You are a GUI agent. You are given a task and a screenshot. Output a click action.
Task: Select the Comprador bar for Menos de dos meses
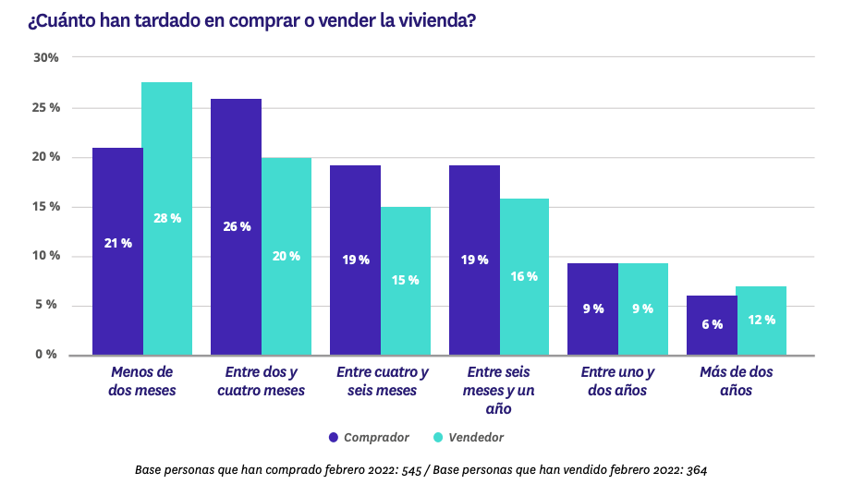[x=117, y=250]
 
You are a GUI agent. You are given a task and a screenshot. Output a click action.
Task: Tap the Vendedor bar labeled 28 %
[x=167, y=218]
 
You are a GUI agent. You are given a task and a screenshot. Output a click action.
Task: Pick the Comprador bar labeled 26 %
[x=237, y=226]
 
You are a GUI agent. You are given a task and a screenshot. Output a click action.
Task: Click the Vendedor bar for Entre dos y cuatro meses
[x=286, y=256]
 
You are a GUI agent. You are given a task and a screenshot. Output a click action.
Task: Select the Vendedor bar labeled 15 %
[x=406, y=280]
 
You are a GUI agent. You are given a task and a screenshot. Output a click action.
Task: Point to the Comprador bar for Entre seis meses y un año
[x=474, y=260]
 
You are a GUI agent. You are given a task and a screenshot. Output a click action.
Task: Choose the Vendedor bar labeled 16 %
[x=524, y=276]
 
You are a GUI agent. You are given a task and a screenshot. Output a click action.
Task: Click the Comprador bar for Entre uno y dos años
[x=592, y=309]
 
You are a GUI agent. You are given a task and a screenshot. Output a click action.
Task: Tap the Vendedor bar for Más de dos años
[x=762, y=321]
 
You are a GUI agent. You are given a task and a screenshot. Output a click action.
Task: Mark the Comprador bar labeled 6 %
[x=712, y=325]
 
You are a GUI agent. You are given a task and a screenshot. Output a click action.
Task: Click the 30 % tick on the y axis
[x=46, y=57]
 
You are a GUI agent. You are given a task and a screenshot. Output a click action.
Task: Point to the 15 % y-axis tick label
[x=46, y=206]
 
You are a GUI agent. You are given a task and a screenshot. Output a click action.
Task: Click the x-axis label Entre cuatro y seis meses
[x=383, y=381]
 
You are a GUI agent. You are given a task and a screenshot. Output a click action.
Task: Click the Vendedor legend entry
[x=469, y=437]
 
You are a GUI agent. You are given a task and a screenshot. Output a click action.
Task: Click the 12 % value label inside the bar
[x=762, y=320]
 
